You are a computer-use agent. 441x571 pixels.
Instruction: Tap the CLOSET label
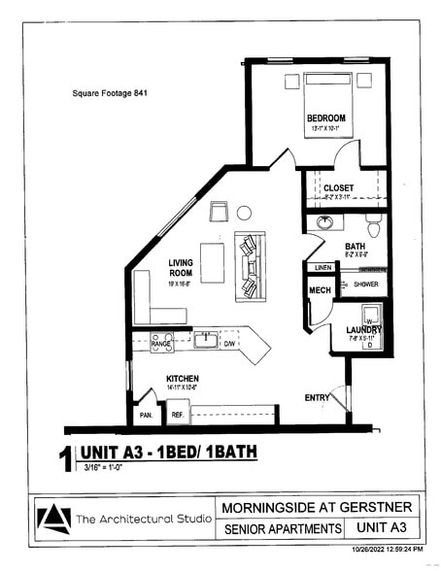coord(338,187)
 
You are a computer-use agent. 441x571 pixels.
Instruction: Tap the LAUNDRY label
coord(364,331)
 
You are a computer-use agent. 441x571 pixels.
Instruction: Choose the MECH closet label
coord(319,290)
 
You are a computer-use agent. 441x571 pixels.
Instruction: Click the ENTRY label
coord(318,397)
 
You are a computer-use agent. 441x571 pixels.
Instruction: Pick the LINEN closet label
coord(323,267)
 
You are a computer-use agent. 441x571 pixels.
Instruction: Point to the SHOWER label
coord(365,285)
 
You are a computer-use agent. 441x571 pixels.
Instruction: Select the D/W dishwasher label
coord(229,343)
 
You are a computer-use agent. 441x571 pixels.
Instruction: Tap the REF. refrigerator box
coord(178,415)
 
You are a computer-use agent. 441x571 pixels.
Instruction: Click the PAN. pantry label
coord(147,415)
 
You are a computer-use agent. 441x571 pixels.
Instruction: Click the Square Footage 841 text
coord(111,94)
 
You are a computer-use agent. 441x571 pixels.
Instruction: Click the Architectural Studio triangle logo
coord(54,518)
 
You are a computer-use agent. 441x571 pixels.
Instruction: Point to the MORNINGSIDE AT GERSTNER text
coord(317,507)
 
